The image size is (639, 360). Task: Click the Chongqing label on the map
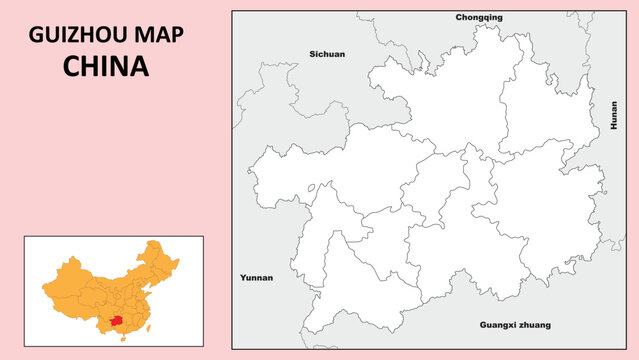click(479, 17)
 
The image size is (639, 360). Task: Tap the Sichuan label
click(327, 54)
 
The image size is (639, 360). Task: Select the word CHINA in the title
click(105, 66)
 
